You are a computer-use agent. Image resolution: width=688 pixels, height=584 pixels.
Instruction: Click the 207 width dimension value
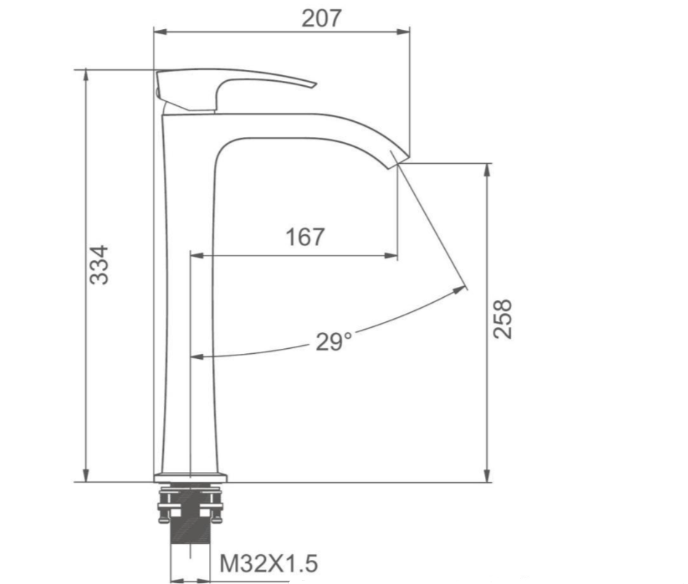321,17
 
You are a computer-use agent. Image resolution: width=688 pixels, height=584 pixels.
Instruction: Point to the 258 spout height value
503,317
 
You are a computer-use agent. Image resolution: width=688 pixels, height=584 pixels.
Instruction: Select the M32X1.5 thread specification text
269,563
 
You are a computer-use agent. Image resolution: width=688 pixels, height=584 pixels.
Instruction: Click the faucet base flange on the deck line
191,478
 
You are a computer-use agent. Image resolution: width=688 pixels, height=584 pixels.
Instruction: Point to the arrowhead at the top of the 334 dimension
87,75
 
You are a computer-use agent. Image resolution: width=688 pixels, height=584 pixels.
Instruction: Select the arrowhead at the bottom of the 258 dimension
487,476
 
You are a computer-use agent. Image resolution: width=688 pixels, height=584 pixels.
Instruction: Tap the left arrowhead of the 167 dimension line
196,255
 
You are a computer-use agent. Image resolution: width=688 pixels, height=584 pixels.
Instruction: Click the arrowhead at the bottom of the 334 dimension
87,476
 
